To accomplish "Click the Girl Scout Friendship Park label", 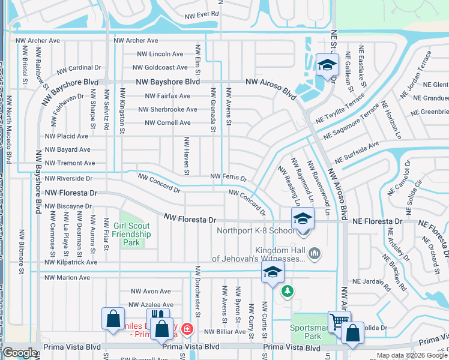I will [x=131, y=235].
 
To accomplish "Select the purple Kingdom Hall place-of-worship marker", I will [x=315, y=254].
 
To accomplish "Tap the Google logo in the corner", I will [x=20, y=353].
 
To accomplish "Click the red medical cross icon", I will [x=187, y=329].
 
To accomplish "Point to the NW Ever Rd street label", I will [x=202, y=14].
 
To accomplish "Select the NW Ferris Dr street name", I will [x=228, y=177].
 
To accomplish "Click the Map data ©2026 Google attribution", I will [x=412, y=355].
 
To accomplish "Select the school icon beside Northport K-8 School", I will [x=303, y=219].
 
